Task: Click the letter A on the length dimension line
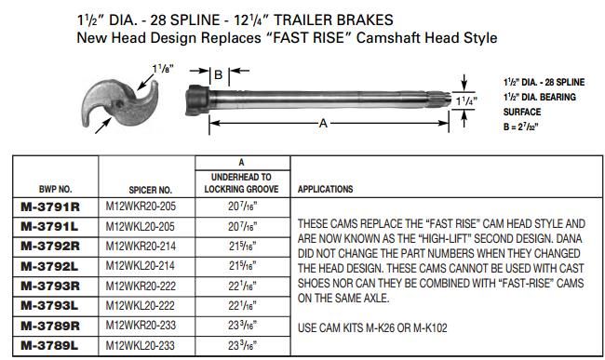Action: (x=322, y=124)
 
